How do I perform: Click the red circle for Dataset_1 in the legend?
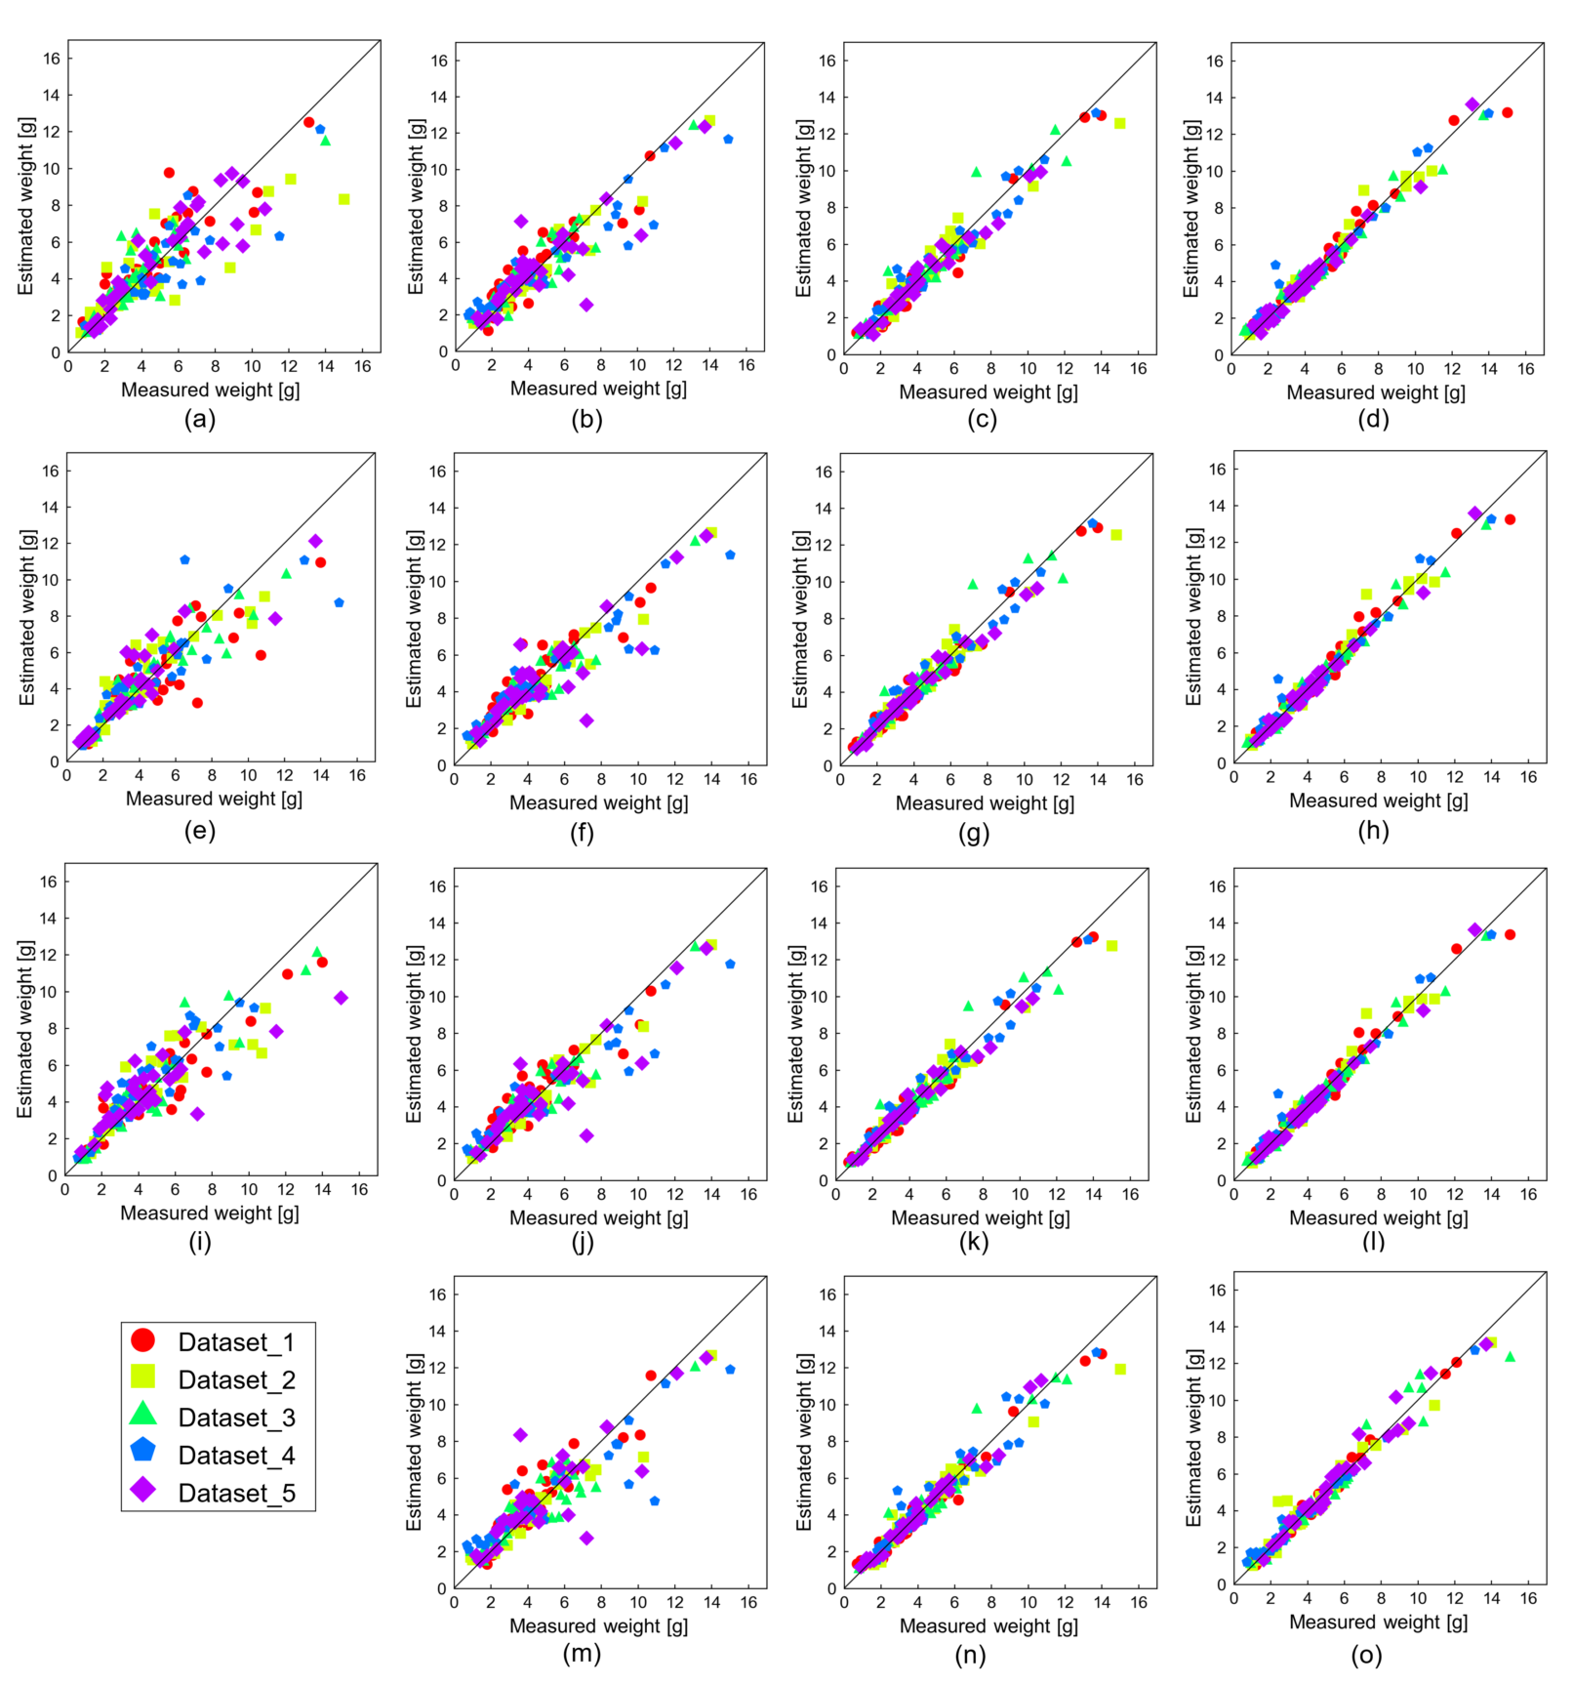142,1340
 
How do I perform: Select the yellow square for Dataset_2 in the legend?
142,1377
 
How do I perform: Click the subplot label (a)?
200,420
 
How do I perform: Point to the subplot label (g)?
974,833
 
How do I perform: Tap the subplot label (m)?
582,1653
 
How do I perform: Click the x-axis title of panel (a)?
210,390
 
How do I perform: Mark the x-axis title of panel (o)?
1378,1622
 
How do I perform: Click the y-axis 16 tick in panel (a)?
51,59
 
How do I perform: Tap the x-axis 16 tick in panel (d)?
1526,369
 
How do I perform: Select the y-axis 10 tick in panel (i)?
48,992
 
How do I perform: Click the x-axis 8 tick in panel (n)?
991,1602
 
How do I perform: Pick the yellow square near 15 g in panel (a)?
343,199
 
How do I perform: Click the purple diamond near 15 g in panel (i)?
341,998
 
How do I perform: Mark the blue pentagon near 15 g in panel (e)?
339,603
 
